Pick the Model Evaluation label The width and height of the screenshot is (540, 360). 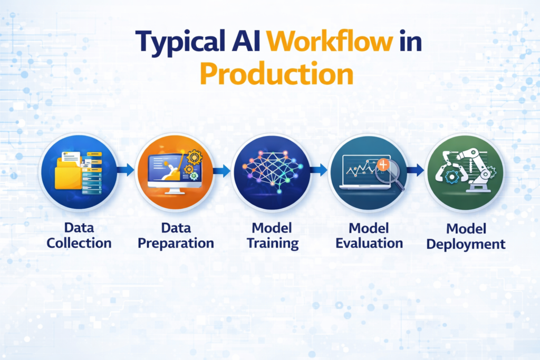pyautogui.click(x=368, y=235)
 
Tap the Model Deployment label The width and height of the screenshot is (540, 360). pyautogui.click(x=464, y=236)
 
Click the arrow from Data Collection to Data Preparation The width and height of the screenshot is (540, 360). pyautogui.click(x=126, y=170)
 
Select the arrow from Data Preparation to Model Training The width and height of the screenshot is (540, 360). pyautogui.click(x=222, y=170)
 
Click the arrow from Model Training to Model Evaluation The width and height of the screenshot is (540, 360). pyautogui.click(x=319, y=170)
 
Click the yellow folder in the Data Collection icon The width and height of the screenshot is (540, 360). pyautogui.click(x=69, y=173)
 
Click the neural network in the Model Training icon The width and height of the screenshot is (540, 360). pyautogui.click(x=271, y=167)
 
